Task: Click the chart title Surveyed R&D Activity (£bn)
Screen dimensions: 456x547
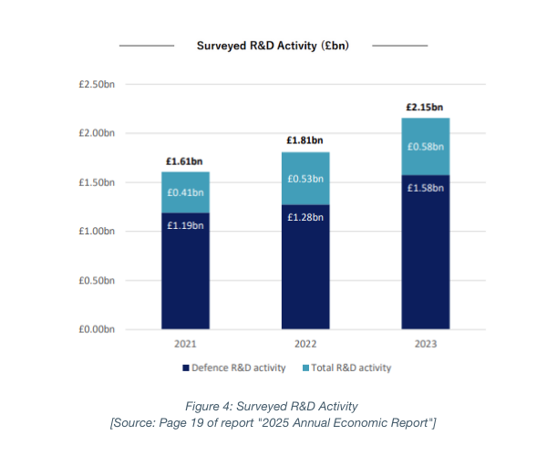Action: [x=273, y=45]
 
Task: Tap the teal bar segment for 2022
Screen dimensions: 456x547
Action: [x=305, y=179]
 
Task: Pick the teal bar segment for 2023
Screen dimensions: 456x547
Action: [x=426, y=146]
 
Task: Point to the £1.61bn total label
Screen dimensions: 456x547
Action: [x=186, y=161]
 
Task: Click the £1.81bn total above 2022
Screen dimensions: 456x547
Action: [x=305, y=140]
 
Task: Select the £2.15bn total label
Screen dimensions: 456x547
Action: [x=426, y=108]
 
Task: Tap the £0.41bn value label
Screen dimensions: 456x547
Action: [x=186, y=193]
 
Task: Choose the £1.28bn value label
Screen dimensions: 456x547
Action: [x=305, y=216]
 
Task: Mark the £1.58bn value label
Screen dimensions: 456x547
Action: [x=426, y=187]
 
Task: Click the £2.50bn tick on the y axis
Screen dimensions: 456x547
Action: [x=96, y=85]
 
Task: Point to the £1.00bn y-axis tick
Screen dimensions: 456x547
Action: [x=96, y=232]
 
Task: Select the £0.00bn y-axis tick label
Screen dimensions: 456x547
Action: [x=96, y=329]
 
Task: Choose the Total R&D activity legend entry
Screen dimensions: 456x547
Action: [x=349, y=368]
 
